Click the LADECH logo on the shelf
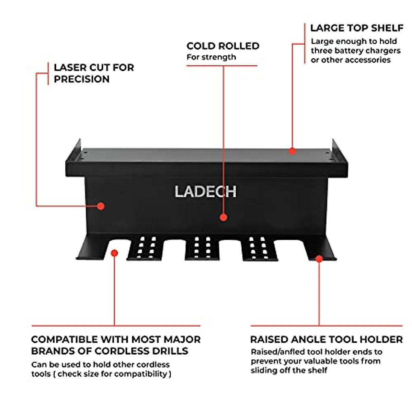point(205,192)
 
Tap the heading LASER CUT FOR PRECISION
point(93,73)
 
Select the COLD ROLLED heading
point(223,46)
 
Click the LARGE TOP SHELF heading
point(356,28)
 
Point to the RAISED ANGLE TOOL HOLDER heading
point(326,340)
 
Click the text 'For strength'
point(211,57)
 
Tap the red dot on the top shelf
point(292,151)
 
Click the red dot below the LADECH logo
point(224,217)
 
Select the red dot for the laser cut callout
point(101,206)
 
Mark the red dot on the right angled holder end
point(319,259)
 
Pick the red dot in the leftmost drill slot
point(115,253)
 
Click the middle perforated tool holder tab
point(202,248)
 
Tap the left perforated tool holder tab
point(146,248)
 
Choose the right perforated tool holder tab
point(258,248)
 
